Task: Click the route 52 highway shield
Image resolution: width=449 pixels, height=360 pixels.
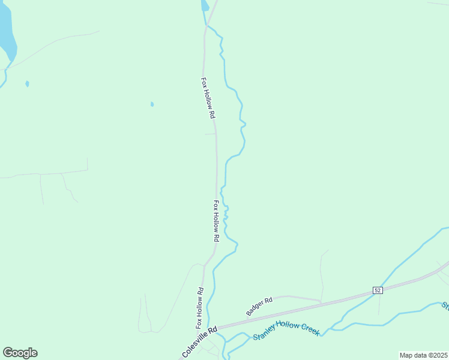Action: (377, 290)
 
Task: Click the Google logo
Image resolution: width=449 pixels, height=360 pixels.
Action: (20, 353)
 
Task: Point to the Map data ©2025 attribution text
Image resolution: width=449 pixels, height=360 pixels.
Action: (423, 355)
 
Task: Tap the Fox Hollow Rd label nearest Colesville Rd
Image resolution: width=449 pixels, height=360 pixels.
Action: (200, 308)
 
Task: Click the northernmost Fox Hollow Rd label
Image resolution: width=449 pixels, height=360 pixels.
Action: (208, 97)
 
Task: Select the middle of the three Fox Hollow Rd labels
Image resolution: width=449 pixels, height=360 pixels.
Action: (217, 221)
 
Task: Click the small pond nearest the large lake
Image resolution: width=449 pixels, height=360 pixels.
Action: (27, 83)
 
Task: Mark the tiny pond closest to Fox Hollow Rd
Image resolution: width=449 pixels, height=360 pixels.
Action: (152, 104)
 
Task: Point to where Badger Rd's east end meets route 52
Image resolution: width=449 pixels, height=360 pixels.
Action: (322, 302)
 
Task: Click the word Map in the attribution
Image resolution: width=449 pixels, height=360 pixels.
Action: (406, 355)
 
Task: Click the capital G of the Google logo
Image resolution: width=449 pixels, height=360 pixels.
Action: (8, 353)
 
